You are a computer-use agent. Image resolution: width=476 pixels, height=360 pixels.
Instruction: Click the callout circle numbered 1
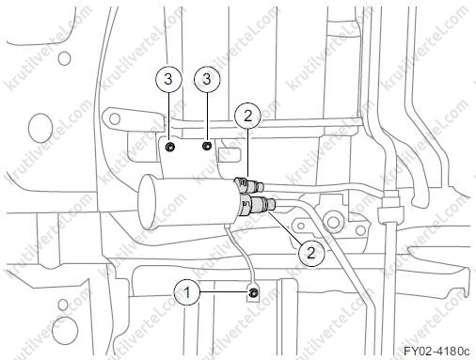(x=187, y=293)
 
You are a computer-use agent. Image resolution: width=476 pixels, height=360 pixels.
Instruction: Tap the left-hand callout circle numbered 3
(x=168, y=79)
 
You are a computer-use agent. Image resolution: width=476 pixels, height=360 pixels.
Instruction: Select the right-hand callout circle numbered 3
(x=207, y=79)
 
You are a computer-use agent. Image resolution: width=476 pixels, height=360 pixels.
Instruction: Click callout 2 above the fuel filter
(x=247, y=117)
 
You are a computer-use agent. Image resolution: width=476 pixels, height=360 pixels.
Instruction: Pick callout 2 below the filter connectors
(x=310, y=253)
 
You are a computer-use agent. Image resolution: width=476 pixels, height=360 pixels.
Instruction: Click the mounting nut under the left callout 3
(x=170, y=146)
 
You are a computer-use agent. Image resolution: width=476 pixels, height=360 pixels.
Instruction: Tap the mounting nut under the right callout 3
(x=207, y=146)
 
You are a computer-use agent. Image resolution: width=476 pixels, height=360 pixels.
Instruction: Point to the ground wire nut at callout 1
(x=253, y=293)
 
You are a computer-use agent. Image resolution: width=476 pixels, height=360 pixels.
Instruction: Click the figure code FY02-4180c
(x=436, y=351)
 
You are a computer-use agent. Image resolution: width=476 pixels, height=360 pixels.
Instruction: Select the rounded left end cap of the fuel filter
(x=148, y=202)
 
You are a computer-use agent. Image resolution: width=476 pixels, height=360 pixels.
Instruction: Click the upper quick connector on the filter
(x=249, y=185)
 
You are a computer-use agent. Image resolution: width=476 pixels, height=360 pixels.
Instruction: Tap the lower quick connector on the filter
(x=258, y=205)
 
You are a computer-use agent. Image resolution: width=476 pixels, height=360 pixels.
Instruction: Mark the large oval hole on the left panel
(x=40, y=128)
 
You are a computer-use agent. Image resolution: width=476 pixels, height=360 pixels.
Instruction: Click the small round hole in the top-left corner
(x=64, y=58)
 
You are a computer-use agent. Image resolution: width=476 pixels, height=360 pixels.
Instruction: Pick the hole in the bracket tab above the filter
(x=115, y=118)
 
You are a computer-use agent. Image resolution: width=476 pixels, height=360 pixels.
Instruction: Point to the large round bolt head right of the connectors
(x=332, y=222)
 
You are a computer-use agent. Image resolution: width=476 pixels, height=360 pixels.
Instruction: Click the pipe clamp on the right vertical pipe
(x=389, y=213)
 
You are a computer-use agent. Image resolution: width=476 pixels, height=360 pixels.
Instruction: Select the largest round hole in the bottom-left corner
(x=65, y=330)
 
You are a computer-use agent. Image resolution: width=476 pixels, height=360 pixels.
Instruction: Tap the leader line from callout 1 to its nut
(x=224, y=293)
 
